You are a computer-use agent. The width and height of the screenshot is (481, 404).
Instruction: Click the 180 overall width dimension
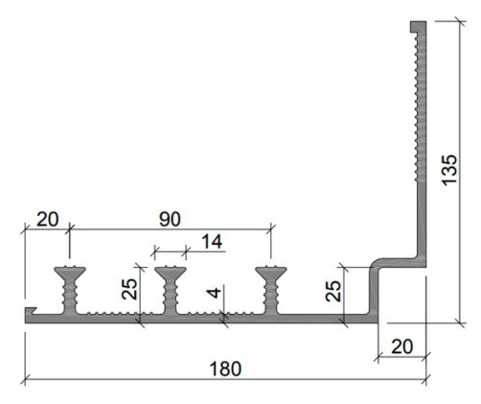(225, 368)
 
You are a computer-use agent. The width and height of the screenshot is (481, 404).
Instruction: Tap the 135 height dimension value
(449, 170)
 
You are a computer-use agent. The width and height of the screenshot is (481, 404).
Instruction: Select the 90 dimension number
(170, 219)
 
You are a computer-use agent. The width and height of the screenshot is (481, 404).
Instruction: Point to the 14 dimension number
(212, 242)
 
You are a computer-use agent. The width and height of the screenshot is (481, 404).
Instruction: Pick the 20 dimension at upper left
(48, 219)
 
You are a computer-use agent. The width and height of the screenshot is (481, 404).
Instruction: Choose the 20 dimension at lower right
(402, 346)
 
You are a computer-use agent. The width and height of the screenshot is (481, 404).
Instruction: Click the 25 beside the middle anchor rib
(129, 289)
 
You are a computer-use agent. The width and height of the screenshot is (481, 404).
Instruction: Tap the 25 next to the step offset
(333, 291)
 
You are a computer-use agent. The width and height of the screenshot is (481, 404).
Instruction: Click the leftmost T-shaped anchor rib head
(70, 273)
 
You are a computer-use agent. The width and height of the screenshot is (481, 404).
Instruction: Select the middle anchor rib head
(171, 273)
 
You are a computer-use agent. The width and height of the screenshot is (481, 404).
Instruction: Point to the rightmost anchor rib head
(271, 273)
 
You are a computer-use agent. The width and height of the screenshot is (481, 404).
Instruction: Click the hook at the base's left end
(31, 311)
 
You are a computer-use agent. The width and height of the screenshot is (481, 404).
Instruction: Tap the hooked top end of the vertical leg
(418, 26)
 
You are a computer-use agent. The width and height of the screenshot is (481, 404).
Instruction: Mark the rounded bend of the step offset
(377, 264)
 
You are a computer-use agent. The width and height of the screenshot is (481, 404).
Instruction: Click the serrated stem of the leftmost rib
(70, 297)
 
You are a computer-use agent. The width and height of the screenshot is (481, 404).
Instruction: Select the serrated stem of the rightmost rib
(271, 297)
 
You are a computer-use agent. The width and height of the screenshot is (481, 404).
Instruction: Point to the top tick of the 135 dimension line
(460, 21)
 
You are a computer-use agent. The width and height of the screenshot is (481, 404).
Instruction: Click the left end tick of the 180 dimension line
(25, 380)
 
